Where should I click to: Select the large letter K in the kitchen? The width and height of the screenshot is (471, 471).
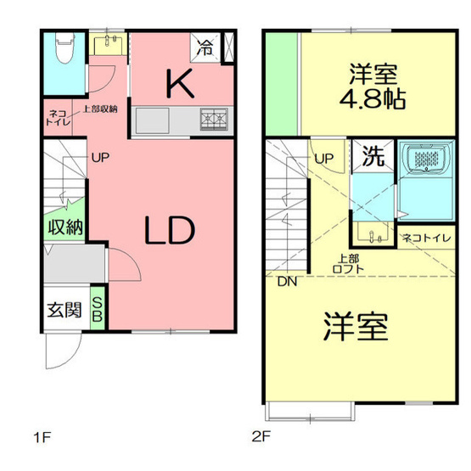179,84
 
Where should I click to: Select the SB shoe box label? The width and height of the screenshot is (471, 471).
98,309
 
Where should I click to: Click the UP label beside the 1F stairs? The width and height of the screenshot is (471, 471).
100,157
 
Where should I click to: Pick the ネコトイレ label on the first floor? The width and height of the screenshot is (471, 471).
58,117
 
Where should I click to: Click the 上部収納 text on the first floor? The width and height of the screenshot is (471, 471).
99,109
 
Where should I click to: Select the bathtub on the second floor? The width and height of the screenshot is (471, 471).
432,160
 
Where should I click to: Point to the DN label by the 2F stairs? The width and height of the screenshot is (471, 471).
286,281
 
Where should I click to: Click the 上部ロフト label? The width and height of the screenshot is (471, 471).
347,263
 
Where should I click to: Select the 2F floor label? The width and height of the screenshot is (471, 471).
260,439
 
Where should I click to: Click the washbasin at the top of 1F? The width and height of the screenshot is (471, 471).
109,42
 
